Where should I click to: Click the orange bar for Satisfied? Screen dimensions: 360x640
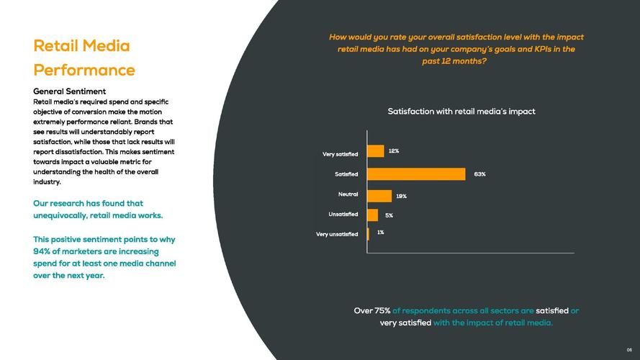(416, 174)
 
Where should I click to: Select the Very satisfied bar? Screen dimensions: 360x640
(376, 151)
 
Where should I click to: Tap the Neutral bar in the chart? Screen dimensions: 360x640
(379, 196)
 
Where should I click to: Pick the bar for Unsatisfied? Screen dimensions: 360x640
(372, 215)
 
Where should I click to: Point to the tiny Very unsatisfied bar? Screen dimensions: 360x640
(368, 233)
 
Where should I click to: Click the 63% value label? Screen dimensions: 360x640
(479, 174)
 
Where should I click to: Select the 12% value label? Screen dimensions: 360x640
(394, 151)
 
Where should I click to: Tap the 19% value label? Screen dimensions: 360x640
(401, 196)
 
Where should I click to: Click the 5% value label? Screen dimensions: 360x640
(389, 215)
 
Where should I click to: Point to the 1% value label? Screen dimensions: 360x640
(380, 233)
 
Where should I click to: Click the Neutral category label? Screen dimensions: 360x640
(348, 194)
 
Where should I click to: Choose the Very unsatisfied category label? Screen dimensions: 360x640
(337, 234)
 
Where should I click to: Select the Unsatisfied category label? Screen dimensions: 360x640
(343, 214)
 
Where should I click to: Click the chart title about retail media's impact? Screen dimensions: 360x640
(461, 112)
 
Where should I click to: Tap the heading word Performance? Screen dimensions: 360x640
(84, 70)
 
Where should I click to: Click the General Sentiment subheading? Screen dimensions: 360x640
(70, 91)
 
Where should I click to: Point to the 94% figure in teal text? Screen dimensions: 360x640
(42, 251)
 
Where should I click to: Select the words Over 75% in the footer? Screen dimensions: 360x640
(372, 311)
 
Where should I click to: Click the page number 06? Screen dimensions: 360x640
(628, 350)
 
